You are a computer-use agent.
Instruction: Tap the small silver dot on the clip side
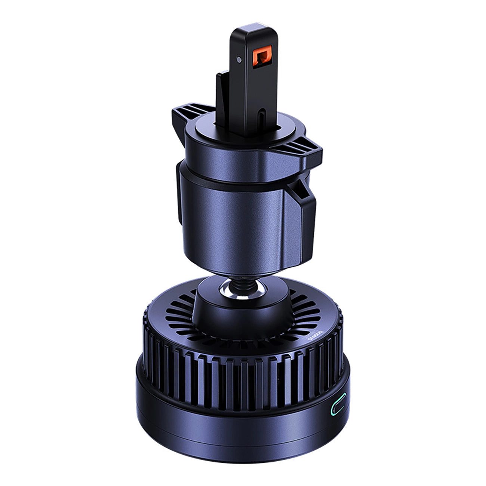tap(239, 59)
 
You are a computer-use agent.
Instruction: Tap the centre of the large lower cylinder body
tap(239, 221)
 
